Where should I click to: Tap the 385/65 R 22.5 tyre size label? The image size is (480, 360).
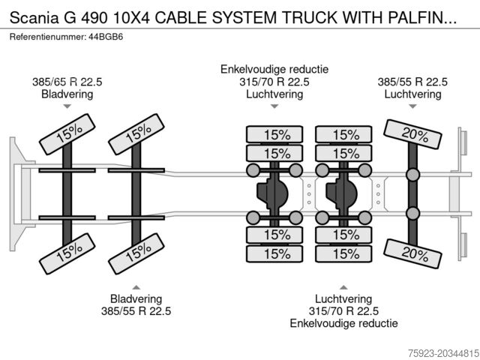click(67, 82)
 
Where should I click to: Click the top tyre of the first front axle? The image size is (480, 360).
click(68, 135)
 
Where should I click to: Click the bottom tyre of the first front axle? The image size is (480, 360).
click(68, 253)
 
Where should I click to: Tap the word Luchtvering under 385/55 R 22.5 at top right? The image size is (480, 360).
click(412, 94)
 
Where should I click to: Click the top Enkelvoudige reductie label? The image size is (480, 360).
click(274, 69)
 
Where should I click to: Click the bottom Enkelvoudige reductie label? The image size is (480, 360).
click(344, 323)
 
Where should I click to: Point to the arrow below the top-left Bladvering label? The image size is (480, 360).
click(67, 107)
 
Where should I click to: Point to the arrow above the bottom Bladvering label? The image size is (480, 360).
click(136, 286)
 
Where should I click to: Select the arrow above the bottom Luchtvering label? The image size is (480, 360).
click(344, 286)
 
